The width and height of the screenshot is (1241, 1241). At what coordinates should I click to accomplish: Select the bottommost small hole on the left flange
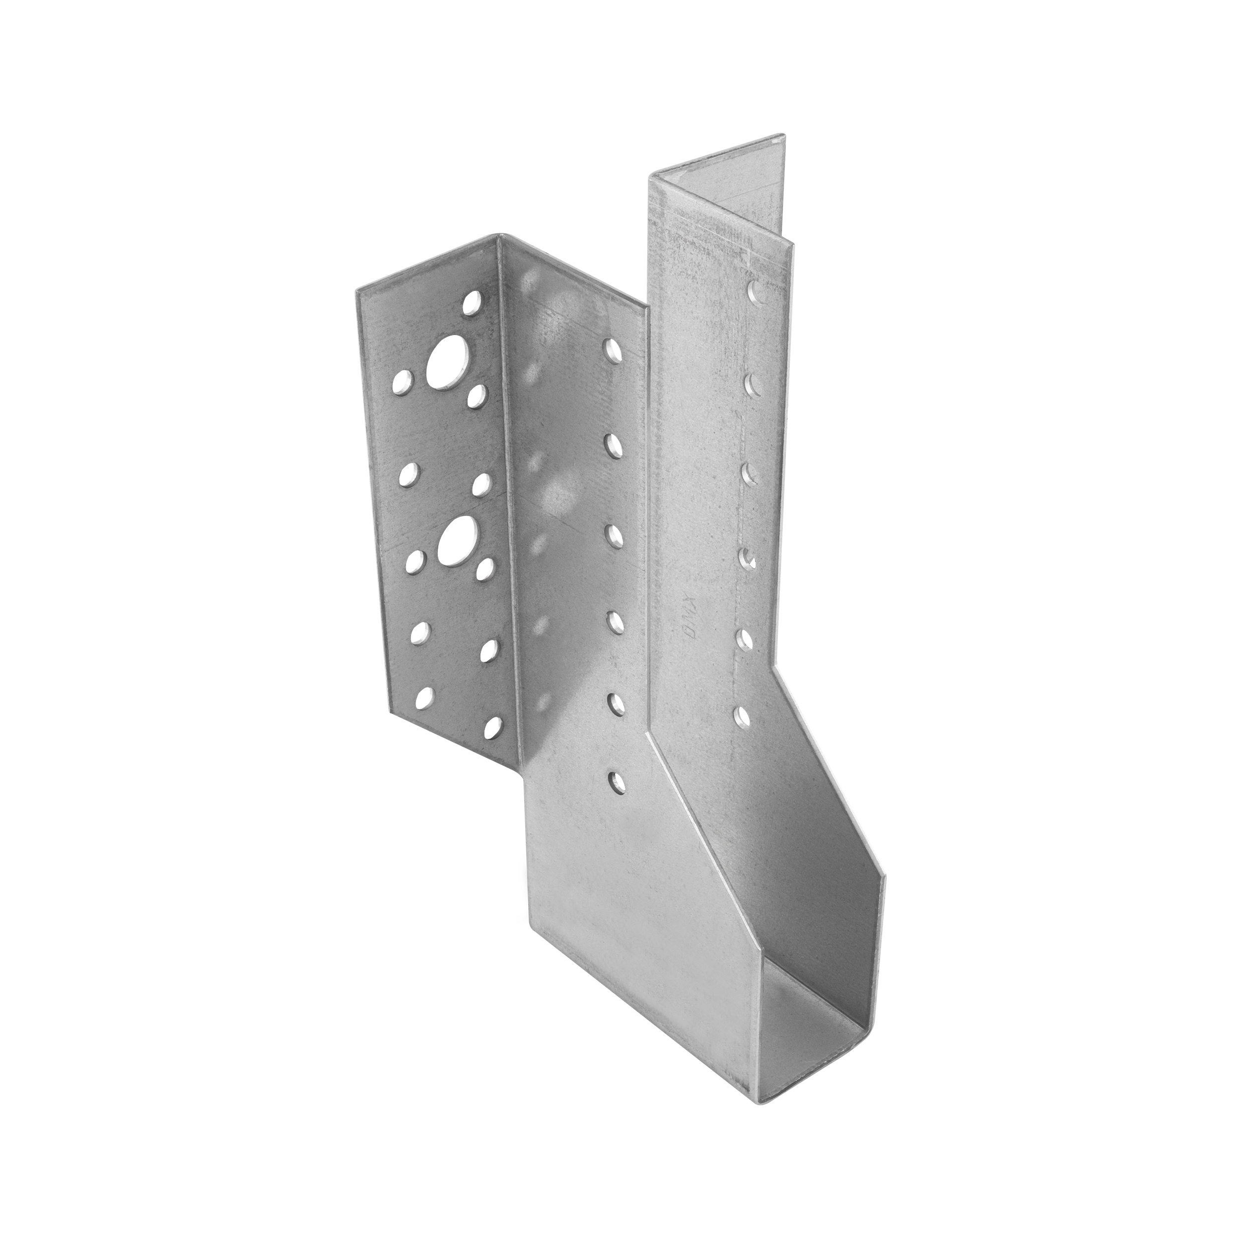pos(493,726)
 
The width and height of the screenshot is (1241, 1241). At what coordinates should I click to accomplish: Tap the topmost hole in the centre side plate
pos(614,352)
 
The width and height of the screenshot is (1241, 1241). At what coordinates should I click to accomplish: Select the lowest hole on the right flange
pos(741,715)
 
